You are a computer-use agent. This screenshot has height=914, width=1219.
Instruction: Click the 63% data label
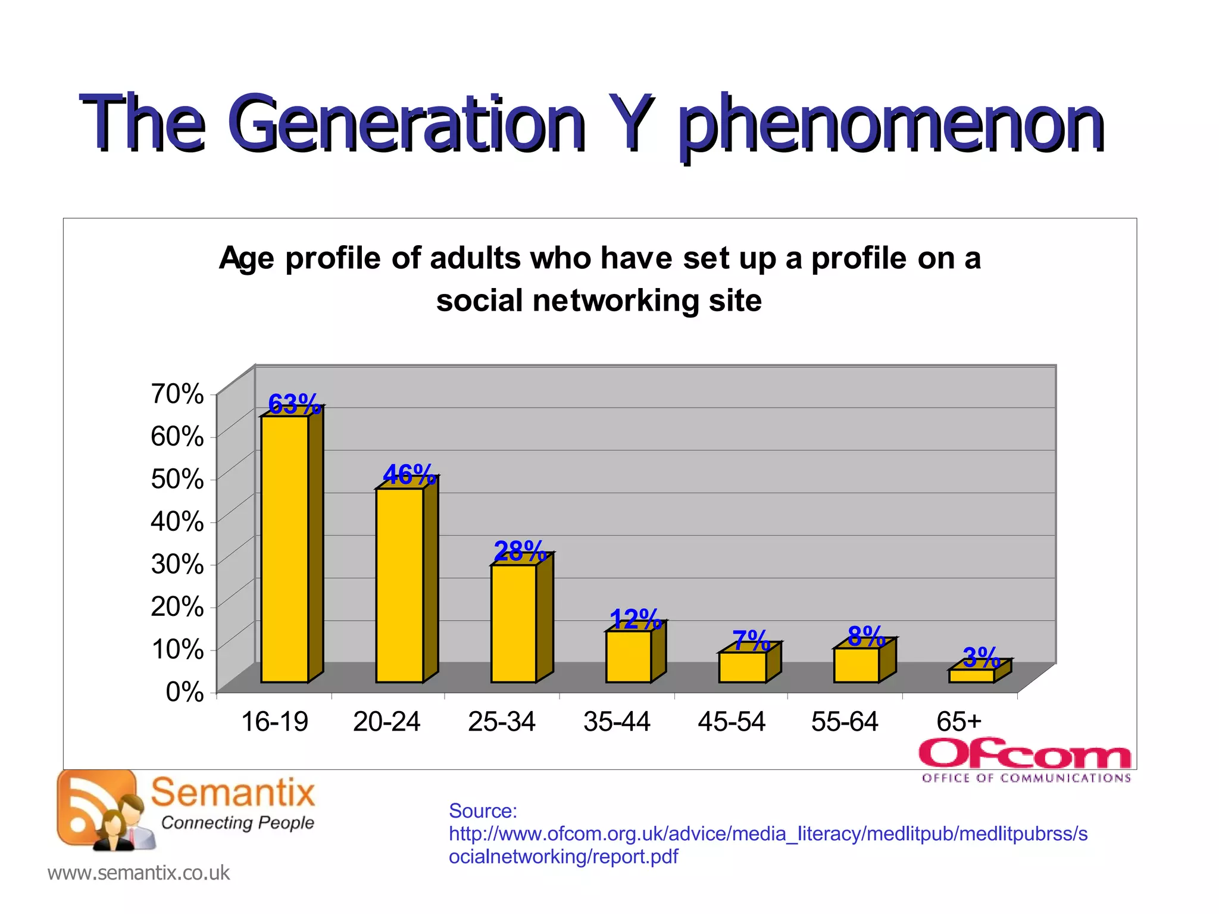coord(293,405)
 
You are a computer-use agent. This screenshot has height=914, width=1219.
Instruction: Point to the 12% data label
coord(635,619)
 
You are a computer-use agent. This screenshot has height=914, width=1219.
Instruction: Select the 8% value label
coord(866,636)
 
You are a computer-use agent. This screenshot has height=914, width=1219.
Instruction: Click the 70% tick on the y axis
coord(177,393)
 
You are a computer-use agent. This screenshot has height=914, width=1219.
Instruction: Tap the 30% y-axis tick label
coord(177,564)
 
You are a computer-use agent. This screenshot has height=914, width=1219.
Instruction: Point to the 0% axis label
coord(185,691)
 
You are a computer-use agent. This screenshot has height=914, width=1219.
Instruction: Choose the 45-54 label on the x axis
coord(732,722)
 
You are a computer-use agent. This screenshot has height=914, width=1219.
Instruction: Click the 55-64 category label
coord(845,722)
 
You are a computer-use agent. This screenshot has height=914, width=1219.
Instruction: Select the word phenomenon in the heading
coord(891,125)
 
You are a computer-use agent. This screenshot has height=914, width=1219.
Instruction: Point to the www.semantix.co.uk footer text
coord(138,872)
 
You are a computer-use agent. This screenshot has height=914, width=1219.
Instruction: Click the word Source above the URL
coord(483,810)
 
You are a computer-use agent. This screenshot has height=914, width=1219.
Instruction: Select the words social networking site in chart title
coord(599,300)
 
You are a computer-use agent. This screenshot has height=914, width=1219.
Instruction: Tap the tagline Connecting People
coord(237,823)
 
